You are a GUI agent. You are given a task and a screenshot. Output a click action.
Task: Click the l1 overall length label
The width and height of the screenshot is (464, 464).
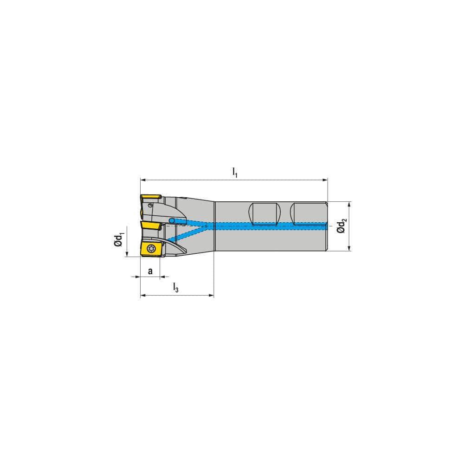point(235,173)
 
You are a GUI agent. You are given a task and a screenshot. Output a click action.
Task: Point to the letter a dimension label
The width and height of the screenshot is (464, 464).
point(150,271)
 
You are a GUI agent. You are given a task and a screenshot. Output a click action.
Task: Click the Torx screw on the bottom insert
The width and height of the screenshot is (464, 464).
point(150,248)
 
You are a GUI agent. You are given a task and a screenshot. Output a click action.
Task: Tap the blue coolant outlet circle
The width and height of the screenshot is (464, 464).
point(172,220)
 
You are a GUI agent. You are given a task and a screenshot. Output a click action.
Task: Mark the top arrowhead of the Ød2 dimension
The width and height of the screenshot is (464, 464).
point(349,204)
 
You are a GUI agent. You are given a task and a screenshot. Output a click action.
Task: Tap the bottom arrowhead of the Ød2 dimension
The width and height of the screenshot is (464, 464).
point(349,248)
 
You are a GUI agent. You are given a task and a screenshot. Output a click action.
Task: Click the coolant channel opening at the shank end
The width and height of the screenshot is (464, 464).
point(326,226)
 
